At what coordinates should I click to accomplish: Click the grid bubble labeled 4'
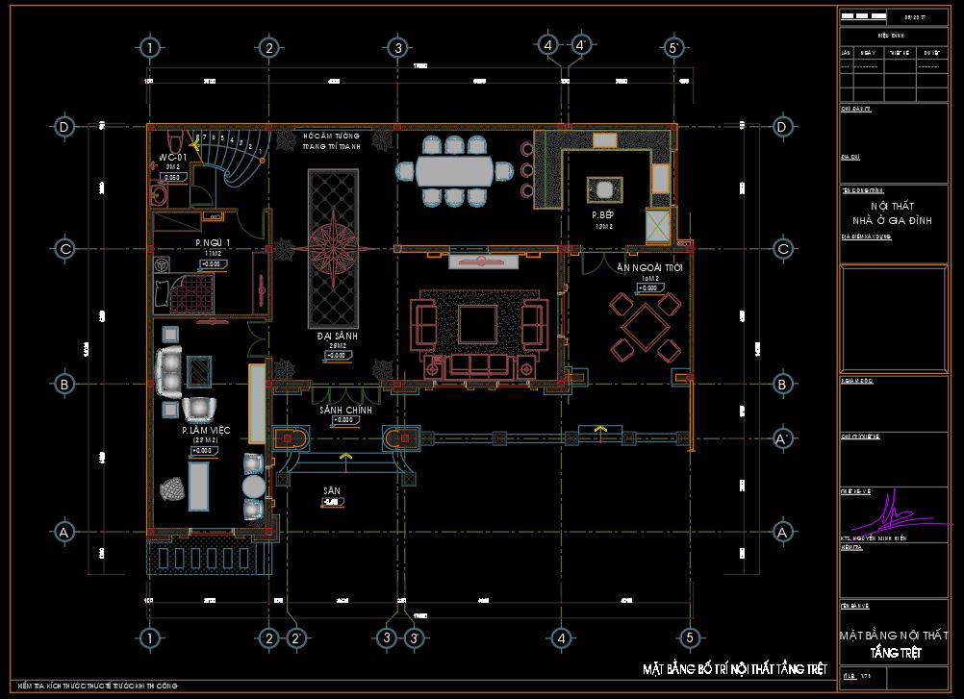(581, 46)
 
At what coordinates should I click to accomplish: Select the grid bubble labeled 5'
(673, 47)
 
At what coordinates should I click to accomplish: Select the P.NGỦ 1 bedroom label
(213, 242)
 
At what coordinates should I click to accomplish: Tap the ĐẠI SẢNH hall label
(337, 337)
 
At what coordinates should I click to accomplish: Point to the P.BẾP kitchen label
(603, 215)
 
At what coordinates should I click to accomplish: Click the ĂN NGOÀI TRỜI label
(649, 268)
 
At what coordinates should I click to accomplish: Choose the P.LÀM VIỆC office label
(204, 432)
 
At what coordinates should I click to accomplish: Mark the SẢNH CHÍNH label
(345, 411)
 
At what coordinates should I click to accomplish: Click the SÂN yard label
(331, 490)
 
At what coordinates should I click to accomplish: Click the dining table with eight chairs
(453, 171)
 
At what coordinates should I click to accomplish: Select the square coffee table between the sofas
(477, 324)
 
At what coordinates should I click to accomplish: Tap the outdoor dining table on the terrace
(644, 321)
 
